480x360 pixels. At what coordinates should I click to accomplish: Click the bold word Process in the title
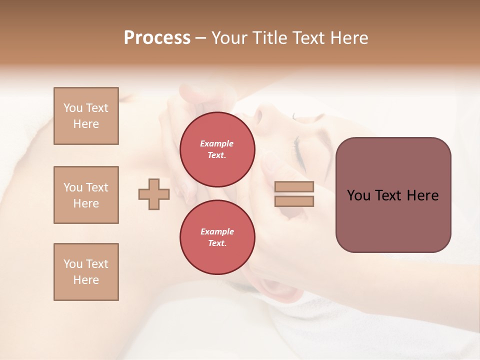157,37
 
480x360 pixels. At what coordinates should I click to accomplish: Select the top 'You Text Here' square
86,116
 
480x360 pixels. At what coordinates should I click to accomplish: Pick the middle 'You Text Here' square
86,195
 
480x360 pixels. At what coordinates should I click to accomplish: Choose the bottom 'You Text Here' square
86,272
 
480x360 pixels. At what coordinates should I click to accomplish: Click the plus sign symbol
154,194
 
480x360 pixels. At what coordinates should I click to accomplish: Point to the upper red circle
217,149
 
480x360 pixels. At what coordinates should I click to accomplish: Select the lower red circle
217,237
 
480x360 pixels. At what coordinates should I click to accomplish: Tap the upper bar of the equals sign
294,186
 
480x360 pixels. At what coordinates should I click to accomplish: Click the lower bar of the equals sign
294,201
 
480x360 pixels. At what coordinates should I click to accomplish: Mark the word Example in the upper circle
216,143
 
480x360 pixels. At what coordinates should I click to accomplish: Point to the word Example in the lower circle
216,231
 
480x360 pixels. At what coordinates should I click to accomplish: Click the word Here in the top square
86,124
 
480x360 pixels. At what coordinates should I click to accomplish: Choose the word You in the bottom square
73,264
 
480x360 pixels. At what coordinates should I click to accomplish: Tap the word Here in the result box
422,195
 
